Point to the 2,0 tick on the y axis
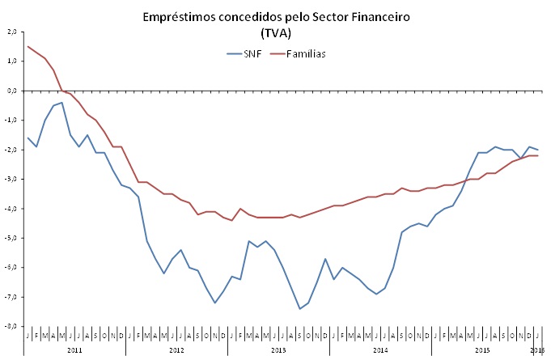click(x=12, y=32)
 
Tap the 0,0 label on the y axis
click(x=12, y=91)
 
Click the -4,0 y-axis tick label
click(x=11, y=209)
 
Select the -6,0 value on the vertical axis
click(x=11, y=268)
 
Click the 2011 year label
click(x=74, y=350)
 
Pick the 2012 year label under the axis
click(x=176, y=350)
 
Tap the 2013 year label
click(x=278, y=350)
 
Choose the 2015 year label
click(x=482, y=350)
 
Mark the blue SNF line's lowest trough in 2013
click(x=299, y=309)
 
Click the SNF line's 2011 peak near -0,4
click(x=62, y=102)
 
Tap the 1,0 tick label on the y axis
click(x=12, y=61)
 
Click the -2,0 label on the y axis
click(x=11, y=150)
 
